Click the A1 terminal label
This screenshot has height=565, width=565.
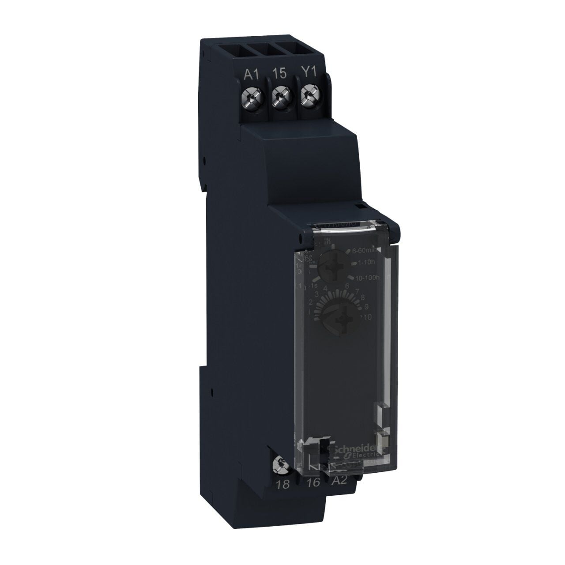click(x=251, y=74)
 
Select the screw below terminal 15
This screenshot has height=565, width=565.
click(x=279, y=94)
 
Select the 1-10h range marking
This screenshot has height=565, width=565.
click(x=364, y=264)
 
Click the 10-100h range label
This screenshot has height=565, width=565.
click(x=367, y=277)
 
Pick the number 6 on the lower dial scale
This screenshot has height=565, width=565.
click(x=347, y=286)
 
